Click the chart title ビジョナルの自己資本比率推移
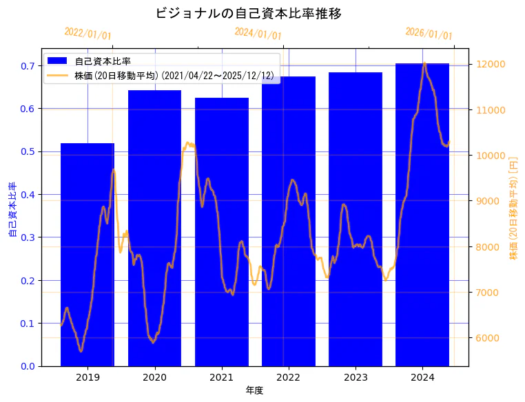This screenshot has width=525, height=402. coord(249,13)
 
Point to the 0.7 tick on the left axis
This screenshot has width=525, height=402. coord(28,66)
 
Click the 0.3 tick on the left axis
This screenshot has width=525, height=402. coord(28,237)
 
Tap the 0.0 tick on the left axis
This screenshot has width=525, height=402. coord(28,366)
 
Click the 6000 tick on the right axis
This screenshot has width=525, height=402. coord(490,338)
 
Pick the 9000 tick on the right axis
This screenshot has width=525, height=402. coord(490,201)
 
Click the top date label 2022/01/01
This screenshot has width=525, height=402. coord(87,34)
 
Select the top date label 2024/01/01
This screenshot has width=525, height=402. coord(258,33)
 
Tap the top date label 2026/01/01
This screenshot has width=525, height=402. coord(429,34)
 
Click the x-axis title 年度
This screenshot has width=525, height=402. coord(254,390)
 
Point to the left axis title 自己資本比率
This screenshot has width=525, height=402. coord(12,210)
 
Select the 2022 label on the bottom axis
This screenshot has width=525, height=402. coord(288,377)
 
